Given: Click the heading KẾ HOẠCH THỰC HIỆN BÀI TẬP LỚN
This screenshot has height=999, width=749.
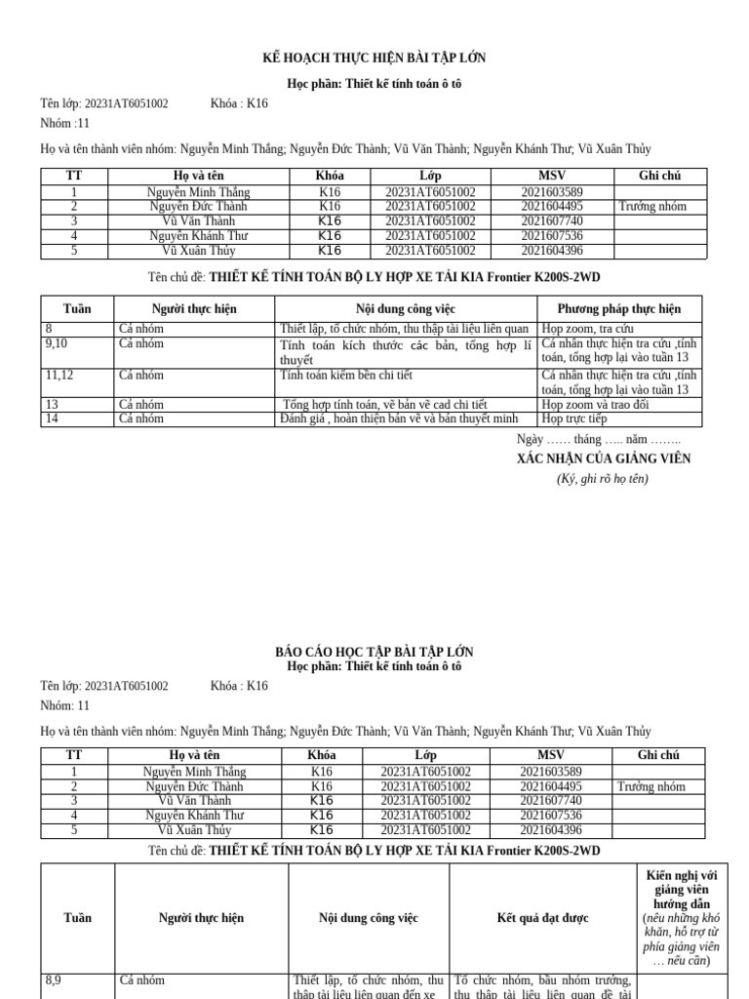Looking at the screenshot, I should pyautogui.click(x=374, y=59).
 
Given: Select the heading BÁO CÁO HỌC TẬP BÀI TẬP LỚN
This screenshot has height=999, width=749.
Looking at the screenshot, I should pyautogui.click(x=374, y=652).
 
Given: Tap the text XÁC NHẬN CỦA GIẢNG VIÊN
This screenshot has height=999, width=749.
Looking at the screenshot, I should pyautogui.click(x=603, y=459).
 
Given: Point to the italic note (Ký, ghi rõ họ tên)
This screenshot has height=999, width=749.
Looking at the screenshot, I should pyautogui.click(x=603, y=478).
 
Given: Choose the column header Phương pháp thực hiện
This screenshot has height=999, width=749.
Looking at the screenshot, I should pyautogui.click(x=619, y=308).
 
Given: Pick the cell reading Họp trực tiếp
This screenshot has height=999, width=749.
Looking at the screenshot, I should pyautogui.click(x=574, y=420).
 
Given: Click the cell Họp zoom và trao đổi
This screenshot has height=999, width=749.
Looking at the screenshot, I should pyautogui.click(x=596, y=404).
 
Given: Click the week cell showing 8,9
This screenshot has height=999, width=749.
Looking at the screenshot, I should pyautogui.click(x=54, y=980).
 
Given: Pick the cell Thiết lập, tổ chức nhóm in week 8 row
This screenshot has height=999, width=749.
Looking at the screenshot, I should pyautogui.click(x=404, y=329).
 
